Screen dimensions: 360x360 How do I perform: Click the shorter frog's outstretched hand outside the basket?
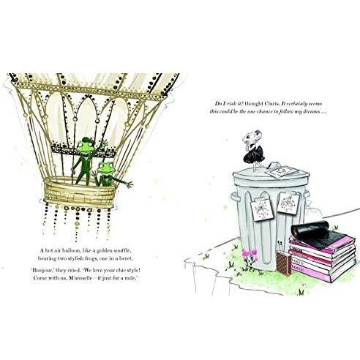pos(129,184)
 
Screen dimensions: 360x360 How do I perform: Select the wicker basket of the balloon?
pos(80,192)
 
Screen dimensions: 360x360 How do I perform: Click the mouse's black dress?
pos(254,155)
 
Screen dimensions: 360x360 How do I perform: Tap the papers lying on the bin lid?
pos(281,170)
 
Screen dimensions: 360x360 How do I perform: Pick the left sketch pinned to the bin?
pos(260,209)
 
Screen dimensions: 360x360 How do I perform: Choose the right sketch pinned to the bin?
pos(288,203)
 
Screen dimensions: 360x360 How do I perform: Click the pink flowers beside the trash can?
pos(250,253)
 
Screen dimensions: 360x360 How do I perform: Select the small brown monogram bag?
pos(284,263)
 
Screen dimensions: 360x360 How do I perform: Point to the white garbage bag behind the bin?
pos(315,211)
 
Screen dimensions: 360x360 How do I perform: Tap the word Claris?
pos(272,104)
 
